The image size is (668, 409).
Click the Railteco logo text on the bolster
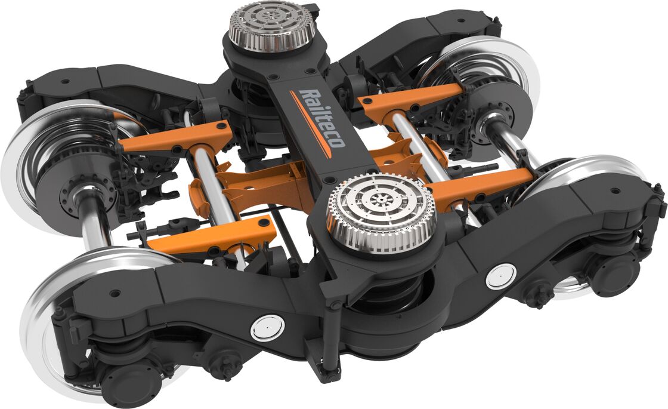[321, 118]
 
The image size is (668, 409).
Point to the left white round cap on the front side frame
[267, 328]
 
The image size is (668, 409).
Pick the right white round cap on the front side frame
[501, 276]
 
